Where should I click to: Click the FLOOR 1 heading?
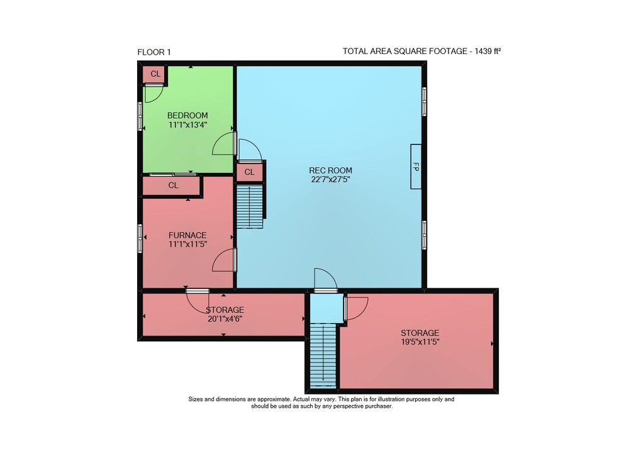click(154, 52)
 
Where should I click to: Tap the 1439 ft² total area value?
click(488, 52)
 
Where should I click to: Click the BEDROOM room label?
click(187, 116)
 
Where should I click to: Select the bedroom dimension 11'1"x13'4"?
click(187, 124)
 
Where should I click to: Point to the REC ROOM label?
click(331, 170)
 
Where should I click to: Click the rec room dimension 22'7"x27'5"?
click(331, 180)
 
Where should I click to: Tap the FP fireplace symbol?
click(416, 166)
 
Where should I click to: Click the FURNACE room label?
click(187, 235)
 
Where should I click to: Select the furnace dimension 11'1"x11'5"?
click(187, 244)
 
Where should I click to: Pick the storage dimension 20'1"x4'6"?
click(225, 319)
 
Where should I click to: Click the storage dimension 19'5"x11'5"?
click(420, 342)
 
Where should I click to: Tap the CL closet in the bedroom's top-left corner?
click(155, 74)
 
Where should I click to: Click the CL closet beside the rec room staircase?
click(249, 172)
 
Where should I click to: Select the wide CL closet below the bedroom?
click(173, 185)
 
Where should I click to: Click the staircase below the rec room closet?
click(250, 206)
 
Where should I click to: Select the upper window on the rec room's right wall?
click(424, 101)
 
